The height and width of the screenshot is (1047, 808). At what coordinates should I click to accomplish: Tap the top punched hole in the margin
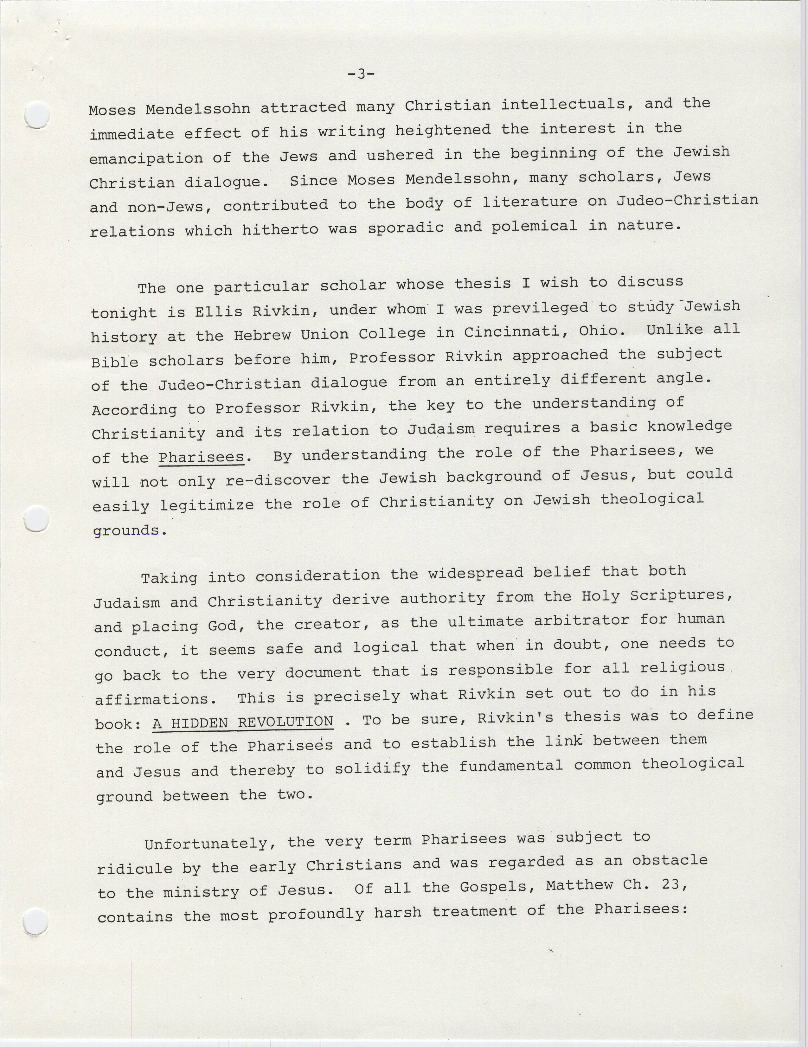(37, 116)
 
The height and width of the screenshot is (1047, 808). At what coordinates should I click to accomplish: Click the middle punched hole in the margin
(37, 519)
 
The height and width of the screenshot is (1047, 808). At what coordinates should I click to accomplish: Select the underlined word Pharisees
(201, 457)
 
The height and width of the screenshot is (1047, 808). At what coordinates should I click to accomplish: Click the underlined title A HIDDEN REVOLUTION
(243, 722)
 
